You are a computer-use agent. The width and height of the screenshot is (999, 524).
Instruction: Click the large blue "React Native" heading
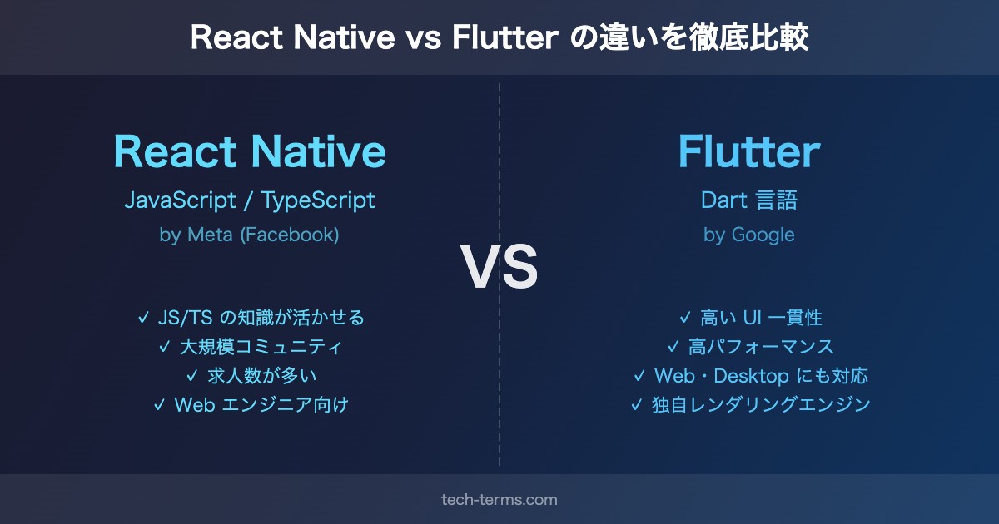tap(250, 151)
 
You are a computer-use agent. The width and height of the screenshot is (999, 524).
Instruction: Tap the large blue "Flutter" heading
tap(749, 151)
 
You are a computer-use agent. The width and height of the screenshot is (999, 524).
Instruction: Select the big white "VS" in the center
tap(499, 266)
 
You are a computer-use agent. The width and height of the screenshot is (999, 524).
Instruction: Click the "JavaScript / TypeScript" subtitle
tap(250, 200)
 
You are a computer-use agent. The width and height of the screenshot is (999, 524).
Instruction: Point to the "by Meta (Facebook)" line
tap(249, 235)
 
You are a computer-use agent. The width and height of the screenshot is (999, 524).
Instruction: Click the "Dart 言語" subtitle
tap(749, 200)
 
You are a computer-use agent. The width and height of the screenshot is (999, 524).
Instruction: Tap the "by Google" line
tap(749, 235)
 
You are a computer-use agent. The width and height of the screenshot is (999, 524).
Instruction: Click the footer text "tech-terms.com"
tap(499, 500)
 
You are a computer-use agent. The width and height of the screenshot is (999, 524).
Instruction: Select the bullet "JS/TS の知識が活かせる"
tap(261, 318)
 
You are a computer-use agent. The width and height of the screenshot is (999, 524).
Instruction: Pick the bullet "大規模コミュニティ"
tap(261, 347)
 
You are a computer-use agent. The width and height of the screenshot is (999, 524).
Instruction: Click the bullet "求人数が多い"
tap(261, 376)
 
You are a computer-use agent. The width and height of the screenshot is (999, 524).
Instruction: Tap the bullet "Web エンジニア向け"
tap(261, 404)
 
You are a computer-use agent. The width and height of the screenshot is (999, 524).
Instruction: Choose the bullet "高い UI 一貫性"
tap(761, 318)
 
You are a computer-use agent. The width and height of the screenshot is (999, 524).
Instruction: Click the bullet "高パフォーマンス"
tap(761, 347)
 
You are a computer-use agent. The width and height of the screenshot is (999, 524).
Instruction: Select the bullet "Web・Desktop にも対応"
tap(761, 376)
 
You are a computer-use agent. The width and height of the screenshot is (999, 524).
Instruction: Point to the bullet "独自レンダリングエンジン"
tap(761, 404)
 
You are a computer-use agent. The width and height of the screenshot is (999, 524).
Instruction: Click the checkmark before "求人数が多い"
tap(191, 376)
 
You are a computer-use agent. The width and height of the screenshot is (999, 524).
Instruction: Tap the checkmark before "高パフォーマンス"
tap(673, 347)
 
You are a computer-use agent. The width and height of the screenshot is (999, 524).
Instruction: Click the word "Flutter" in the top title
tap(505, 37)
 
